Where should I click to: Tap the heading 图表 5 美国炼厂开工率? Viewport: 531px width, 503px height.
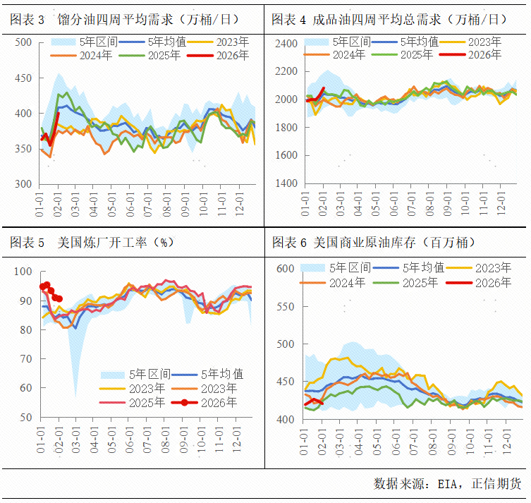click(92, 243)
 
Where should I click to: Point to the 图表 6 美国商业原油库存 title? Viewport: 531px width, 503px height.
click(374, 243)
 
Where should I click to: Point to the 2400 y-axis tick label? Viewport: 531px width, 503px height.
click(287, 44)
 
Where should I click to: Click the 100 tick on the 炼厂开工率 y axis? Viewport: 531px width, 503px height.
click(23, 272)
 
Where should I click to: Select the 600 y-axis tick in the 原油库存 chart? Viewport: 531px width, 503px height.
click(284, 269)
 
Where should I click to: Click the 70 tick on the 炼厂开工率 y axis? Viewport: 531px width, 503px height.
click(25, 359)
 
